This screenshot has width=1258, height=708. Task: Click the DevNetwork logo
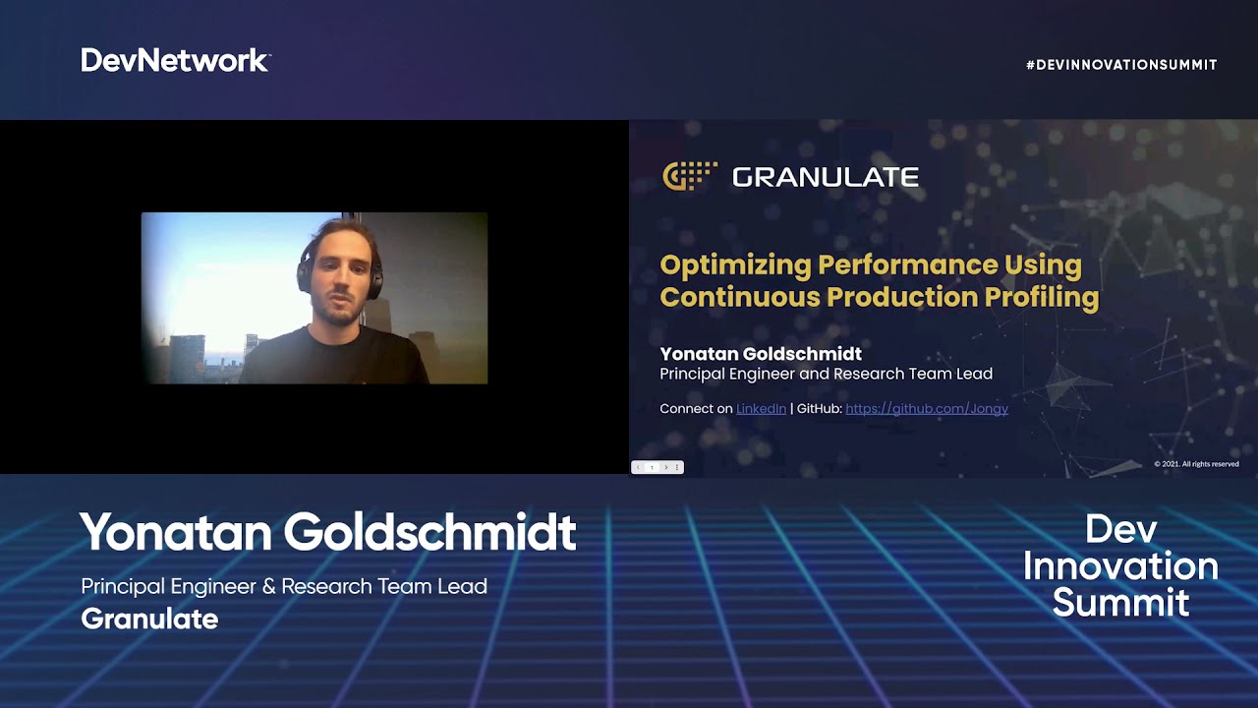point(175,61)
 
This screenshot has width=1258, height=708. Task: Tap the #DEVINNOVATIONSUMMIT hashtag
point(1121,65)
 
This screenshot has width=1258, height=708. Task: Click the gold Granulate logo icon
point(689,176)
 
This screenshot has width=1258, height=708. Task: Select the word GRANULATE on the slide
point(826,177)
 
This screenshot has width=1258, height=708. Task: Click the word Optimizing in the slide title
point(734,265)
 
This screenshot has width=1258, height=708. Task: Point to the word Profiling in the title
point(1042,297)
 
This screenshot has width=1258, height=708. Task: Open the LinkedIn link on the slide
point(761,408)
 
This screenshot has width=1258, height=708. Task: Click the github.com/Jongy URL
point(926,408)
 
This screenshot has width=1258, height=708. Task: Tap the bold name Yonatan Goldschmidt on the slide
point(760,354)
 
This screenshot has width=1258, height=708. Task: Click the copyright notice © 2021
point(1196,464)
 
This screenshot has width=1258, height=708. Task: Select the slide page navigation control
point(657,467)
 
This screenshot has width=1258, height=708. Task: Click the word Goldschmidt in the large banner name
point(429,533)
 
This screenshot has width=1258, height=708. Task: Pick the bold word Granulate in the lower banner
point(149,619)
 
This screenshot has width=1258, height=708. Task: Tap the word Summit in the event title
point(1120,602)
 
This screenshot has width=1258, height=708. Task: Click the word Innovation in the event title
point(1120,566)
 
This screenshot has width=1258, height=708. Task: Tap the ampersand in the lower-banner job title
point(268,587)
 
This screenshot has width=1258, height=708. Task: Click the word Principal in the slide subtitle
point(693,374)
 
